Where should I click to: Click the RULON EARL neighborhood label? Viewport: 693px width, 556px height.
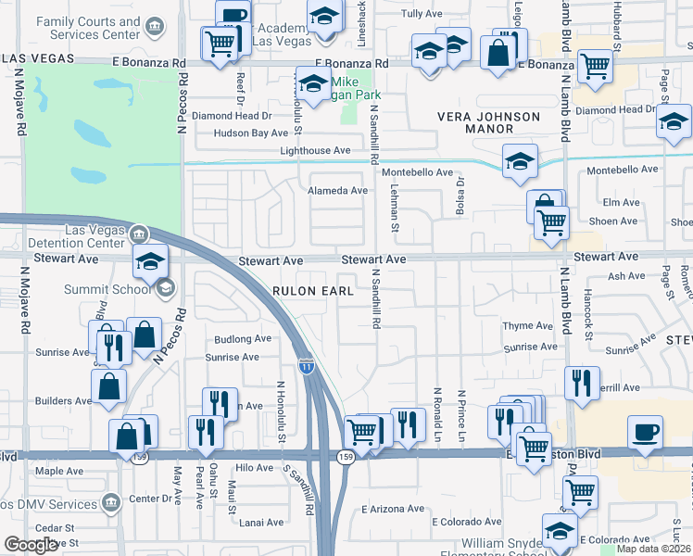(313, 291)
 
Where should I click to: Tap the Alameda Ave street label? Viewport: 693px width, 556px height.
(337, 190)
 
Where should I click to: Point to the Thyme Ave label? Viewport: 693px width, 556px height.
(526, 326)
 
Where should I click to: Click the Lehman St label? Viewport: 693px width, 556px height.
(394, 208)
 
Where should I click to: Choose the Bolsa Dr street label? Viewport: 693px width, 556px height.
(459, 196)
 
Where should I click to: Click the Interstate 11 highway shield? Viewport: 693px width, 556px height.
(306, 367)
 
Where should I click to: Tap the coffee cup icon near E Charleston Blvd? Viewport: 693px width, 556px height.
(645, 432)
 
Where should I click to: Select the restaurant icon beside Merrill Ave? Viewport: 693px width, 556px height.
(581, 384)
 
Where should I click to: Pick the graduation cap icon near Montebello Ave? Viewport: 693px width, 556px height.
(521, 160)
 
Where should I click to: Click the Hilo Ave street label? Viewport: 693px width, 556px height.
(255, 468)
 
